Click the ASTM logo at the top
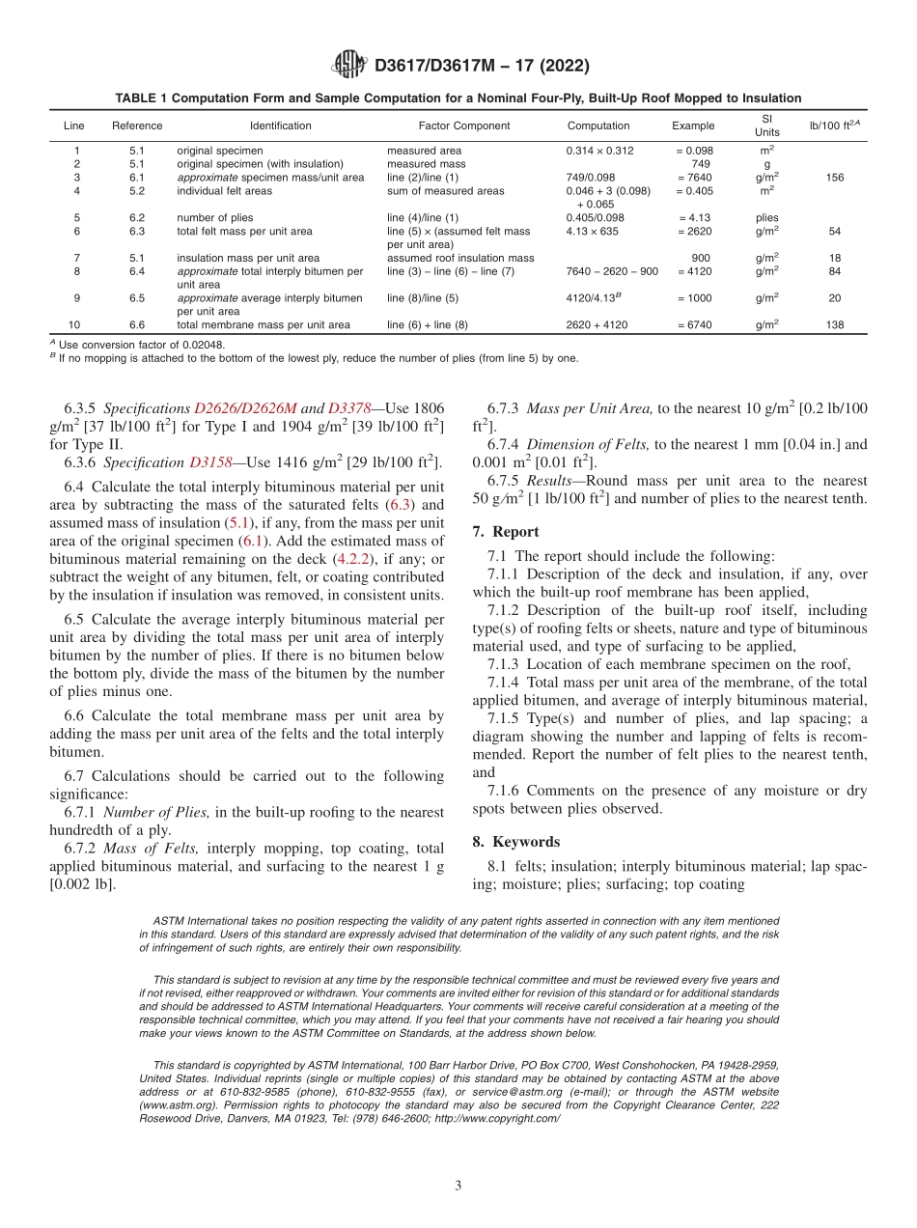pyautogui.click(x=348, y=66)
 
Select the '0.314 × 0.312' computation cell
pyautogui.click(x=599, y=151)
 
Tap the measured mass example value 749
pyautogui.click(x=701, y=164)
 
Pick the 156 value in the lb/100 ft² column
pyautogui.click(x=835, y=178)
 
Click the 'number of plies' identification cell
pyautogui.click(x=215, y=218)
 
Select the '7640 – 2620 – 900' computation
pyautogui.click(x=612, y=271)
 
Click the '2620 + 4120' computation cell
pyautogui.click(x=597, y=325)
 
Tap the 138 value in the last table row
pyautogui.click(x=835, y=325)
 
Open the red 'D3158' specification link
pyautogui.click(x=210, y=462)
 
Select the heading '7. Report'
pyautogui.click(x=506, y=532)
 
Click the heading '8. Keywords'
pyautogui.click(x=515, y=842)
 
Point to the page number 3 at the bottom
pyautogui.click(x=458, y=1186)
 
